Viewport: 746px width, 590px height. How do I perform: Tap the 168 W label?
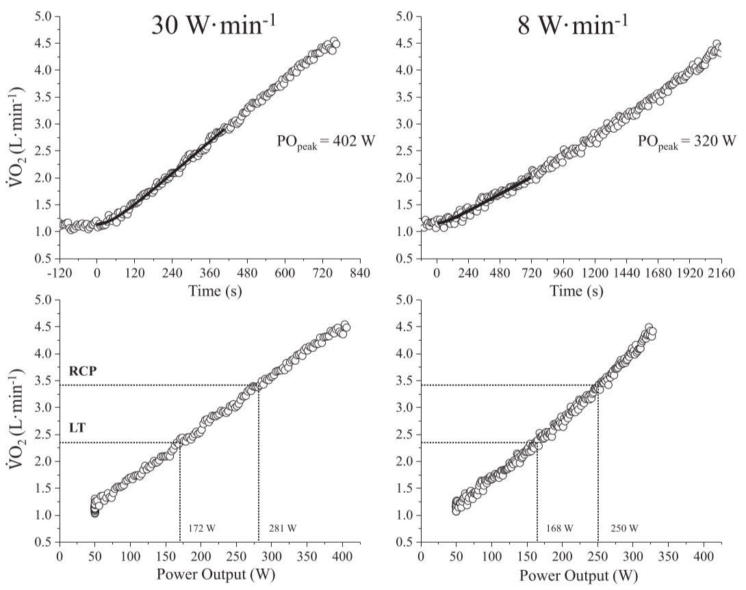[559, 529]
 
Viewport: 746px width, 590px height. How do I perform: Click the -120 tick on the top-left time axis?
[60, 273]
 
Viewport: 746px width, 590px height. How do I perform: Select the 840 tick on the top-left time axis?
[360, 273]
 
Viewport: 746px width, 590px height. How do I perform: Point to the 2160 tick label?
[720, 273]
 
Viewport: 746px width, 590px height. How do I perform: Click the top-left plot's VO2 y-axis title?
[16, 136]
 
